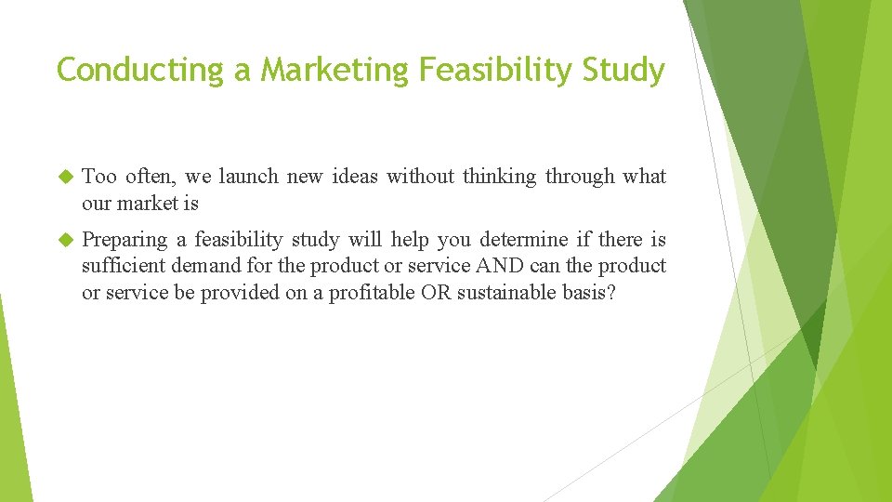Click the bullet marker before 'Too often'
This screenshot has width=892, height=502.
point(65,177)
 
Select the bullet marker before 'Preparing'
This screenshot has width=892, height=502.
point(65,240)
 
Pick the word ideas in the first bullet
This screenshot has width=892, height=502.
point(351,177)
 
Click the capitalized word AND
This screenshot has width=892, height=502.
point(500,266)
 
